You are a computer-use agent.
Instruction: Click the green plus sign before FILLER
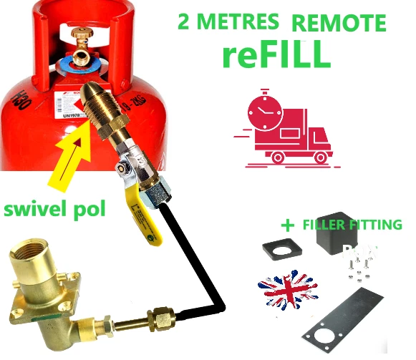coord(288,225)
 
